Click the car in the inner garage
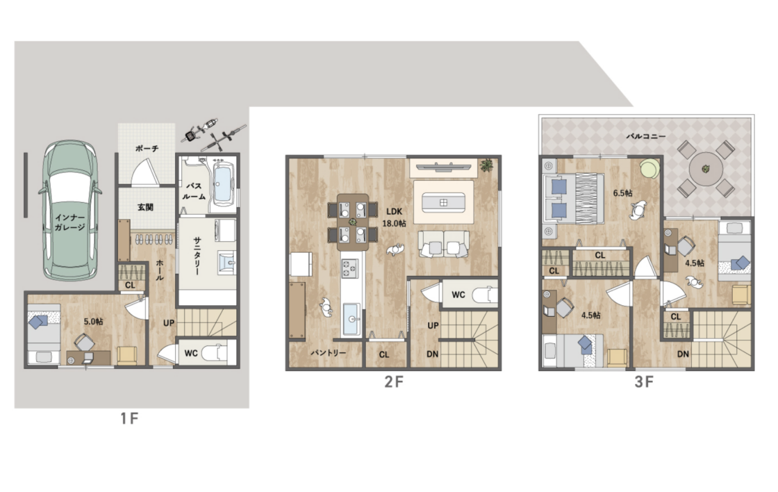(x=70, y=211)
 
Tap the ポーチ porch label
(x=147, y=148)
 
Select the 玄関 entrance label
(x=145, y=207)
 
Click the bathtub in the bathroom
(x=223, y=183)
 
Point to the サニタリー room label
(x=197, y=256)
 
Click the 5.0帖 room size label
(x=93, y=322)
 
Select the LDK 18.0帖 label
(x=394, y=218)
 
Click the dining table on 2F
(x=353, y=222)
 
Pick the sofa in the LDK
(x=443, y=244)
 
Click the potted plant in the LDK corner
(x=487, y=165)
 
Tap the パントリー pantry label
(x=329, y=352)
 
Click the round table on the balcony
(x=706, y=169)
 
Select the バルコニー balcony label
(x=645, y=136)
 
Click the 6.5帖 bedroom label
(x=622, y=192)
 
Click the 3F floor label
(x=643, y=382)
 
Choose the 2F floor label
(x=393, y=382)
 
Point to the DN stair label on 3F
(x=684, y=354)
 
